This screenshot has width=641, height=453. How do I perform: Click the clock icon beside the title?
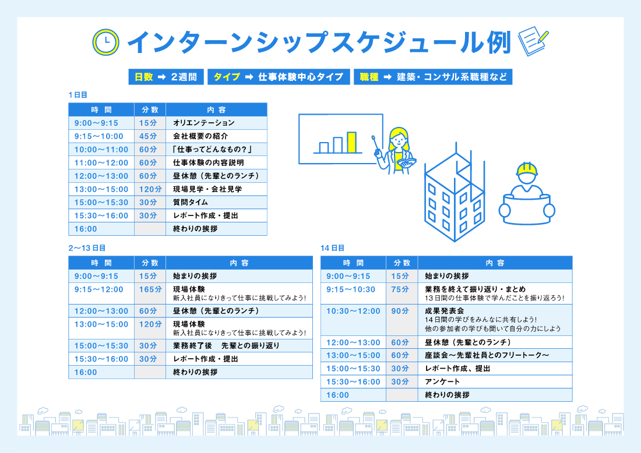pyautogui.click(x=105, y=42)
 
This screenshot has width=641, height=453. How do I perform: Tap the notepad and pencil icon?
pyautogui.click(x=533, y=41)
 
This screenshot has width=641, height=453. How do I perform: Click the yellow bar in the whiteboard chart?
pyautogui.click(x=351, y=141)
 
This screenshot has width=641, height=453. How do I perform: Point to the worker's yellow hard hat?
pyautogui.click(x=526, y=169)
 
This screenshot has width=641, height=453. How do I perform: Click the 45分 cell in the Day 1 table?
pyautogui.click(x=149, y=136)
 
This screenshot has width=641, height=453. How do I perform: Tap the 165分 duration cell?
pyautogui.click(x=150, y=289)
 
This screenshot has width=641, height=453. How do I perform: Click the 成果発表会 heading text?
pyautogui.click(x=445, y=311)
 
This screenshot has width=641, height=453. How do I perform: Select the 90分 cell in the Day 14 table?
pyautogui.click(x=400, y=312)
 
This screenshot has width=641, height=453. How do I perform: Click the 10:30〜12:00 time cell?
pyautogui.click(x=353, y=312)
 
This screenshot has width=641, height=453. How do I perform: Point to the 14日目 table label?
pyautogui.click(x=332, y=247)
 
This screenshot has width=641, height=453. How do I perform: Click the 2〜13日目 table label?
pyautogui.click(x=87, y=247)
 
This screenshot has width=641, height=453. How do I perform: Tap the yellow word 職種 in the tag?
pyautogui.click(x=369, y=77)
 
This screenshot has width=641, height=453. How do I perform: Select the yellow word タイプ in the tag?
pyautogui.click(x=227, y=77)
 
